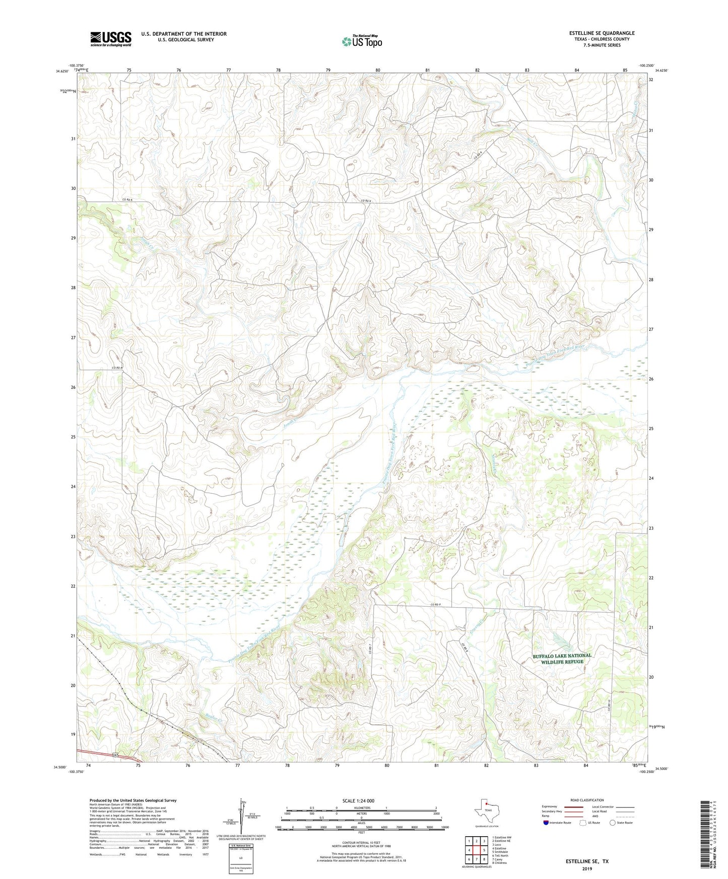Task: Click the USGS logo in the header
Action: pos(111,39)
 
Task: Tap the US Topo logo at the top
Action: pos(362,41)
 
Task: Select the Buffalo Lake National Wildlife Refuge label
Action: pos(562,658)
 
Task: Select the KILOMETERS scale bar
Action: pos(361,810)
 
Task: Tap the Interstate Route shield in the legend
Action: pos(546,823)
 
